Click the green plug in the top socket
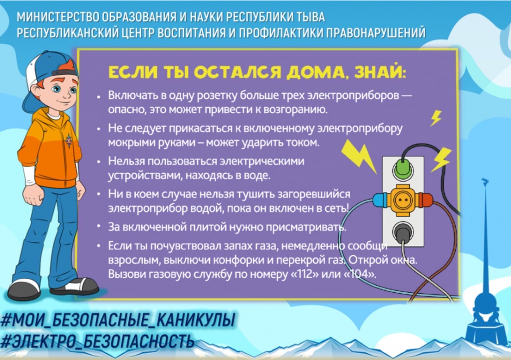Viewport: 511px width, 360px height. pyautogui.click(x=403, y=169)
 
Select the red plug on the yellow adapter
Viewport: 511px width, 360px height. pyautogui.click(x=425, y=200)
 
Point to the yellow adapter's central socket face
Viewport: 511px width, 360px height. pyautogui.click(x=403, y=200)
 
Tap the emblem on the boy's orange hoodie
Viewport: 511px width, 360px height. pyautogui.click(x=69, y=141)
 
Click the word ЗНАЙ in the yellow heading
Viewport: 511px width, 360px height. pyautogui.click(x=380, y=72)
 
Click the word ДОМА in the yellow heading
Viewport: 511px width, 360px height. pyautogui.click(x=315, y=73)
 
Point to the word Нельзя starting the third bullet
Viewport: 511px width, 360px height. pyautogui.click(x=127, y=161)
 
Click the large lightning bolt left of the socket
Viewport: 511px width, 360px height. pyautogui.click(x=358, y=156)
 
